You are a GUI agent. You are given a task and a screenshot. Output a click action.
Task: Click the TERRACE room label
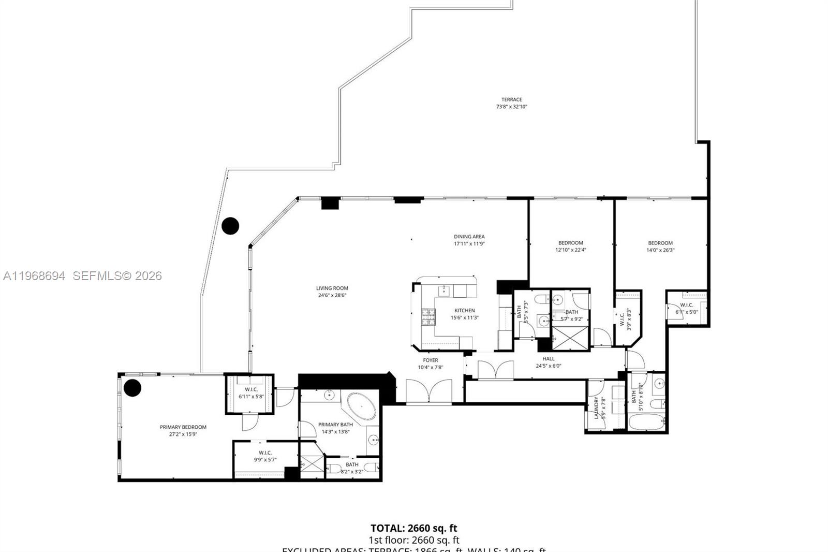(511, 99)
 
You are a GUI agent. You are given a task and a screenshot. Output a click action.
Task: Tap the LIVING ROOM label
(332, 288)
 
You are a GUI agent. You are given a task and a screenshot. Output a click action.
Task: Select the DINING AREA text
(469, 237)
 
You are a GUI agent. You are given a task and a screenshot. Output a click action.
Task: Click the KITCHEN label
(464, 311)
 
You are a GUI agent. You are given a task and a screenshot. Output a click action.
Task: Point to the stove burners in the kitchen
(428, 317)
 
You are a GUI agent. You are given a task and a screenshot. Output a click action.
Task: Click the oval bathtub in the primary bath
(361, 406)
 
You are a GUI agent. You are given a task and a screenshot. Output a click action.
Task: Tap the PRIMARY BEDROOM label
(183, 427)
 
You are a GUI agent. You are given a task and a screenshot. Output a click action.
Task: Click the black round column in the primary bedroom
(132, 388)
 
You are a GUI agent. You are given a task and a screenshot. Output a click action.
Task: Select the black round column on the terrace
(230, 226)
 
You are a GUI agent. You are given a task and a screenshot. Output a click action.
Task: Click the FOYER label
(430, 360)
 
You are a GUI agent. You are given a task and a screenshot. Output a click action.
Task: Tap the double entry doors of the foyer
(428, 392)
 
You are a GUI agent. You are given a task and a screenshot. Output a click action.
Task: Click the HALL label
(548, 358)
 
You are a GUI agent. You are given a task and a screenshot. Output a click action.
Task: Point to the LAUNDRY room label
(597, 408)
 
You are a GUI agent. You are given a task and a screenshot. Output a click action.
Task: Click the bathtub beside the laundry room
(646, 423)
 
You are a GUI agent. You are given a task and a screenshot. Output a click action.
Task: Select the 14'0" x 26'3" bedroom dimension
(660, 250)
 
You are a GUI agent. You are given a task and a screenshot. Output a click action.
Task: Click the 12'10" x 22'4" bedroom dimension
(570, 250)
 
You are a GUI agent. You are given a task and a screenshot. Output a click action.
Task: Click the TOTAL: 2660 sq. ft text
(413, 528)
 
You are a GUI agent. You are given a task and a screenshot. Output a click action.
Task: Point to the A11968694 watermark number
(34, 276)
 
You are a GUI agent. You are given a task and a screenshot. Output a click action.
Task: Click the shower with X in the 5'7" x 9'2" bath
(571, 338)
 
